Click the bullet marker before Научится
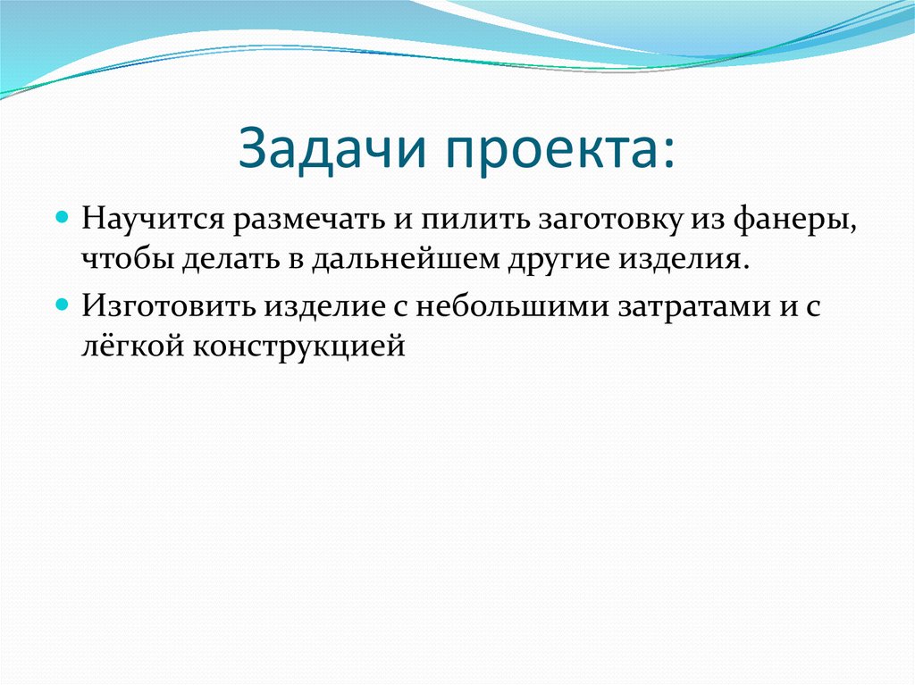click(x=63, y=218)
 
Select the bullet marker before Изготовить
click(x=63, y=304)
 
